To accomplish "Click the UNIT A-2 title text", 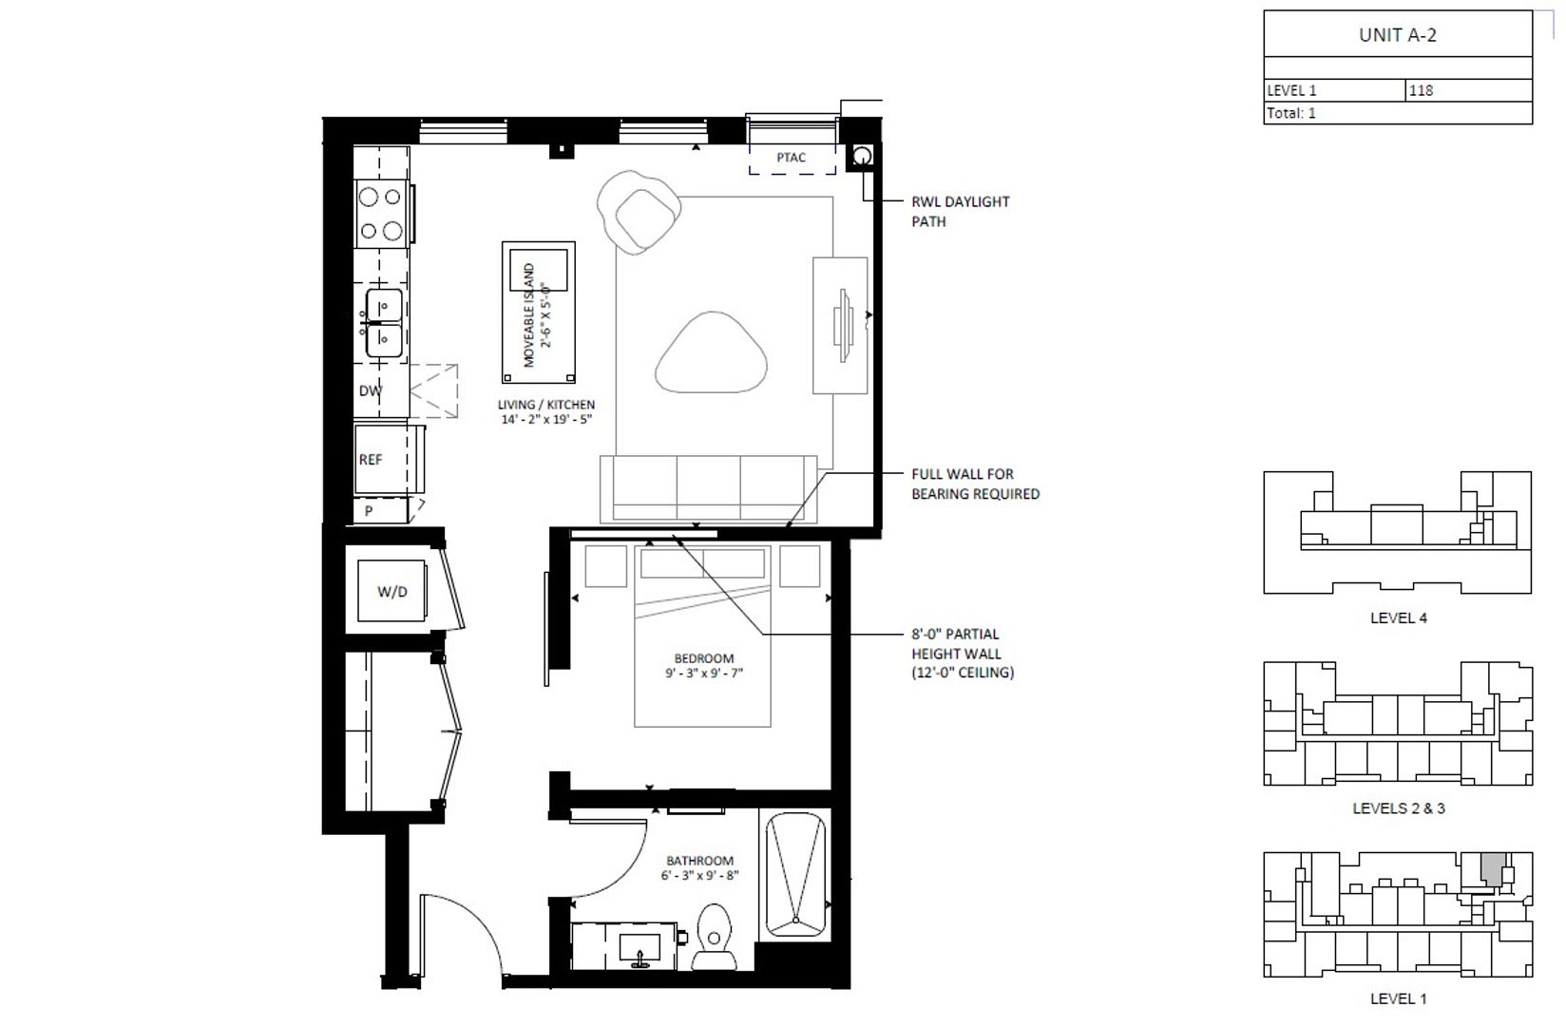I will coord(1398,35).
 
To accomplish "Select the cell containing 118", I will coord(1468,91).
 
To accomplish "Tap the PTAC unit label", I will coord(791,158).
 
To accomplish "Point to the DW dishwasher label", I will coord(370,390).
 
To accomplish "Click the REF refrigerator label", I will coord(371,460).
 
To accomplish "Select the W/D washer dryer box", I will coord(391,591).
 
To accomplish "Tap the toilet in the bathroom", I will coord(714,936).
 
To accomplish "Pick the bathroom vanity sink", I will coord(640,947).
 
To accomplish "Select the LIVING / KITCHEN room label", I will coord(545,411).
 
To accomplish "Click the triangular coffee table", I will coord(711,353).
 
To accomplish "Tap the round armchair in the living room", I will coord(639,211).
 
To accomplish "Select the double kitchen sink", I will coord(383,323).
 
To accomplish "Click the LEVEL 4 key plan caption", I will coord(1398,617).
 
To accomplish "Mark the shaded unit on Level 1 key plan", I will coord(1493,870).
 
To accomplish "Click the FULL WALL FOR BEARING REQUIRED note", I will coord(975,484).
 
